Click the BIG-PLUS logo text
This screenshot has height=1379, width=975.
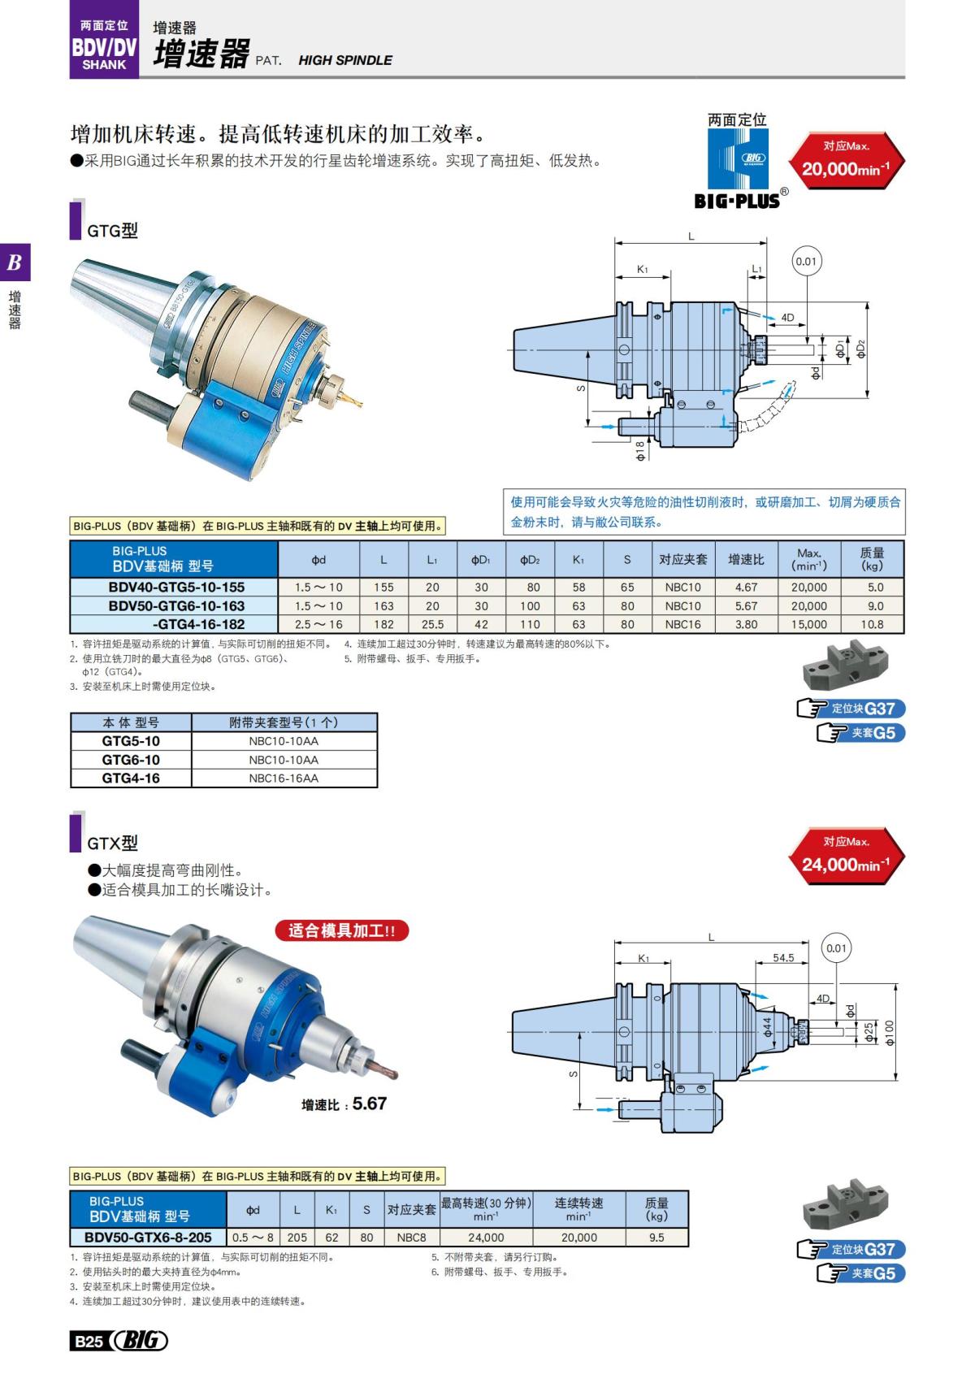pos(737,200)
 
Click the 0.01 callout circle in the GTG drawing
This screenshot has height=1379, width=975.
pos(806,262)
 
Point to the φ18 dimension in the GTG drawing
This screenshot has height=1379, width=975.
pos(639,450)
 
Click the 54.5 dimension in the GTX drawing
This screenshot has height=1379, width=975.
pos(783,958)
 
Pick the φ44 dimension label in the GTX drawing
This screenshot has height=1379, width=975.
pos(767,1027)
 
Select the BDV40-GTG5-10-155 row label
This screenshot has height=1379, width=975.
pos(176,587)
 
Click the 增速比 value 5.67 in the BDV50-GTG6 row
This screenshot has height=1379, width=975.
pos(746,605)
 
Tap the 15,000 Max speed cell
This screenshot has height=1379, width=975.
pos(808,624)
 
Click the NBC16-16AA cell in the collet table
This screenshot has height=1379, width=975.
pos(284,778)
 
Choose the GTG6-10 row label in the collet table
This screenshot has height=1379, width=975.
pos(131,760)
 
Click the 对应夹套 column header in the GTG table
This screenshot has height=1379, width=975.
pos(682,559)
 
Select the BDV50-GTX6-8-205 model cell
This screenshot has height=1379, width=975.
pos(148,1237)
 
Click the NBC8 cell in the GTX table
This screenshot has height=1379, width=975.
pos(411,1237)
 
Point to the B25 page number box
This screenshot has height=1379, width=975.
pos(88,1342)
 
